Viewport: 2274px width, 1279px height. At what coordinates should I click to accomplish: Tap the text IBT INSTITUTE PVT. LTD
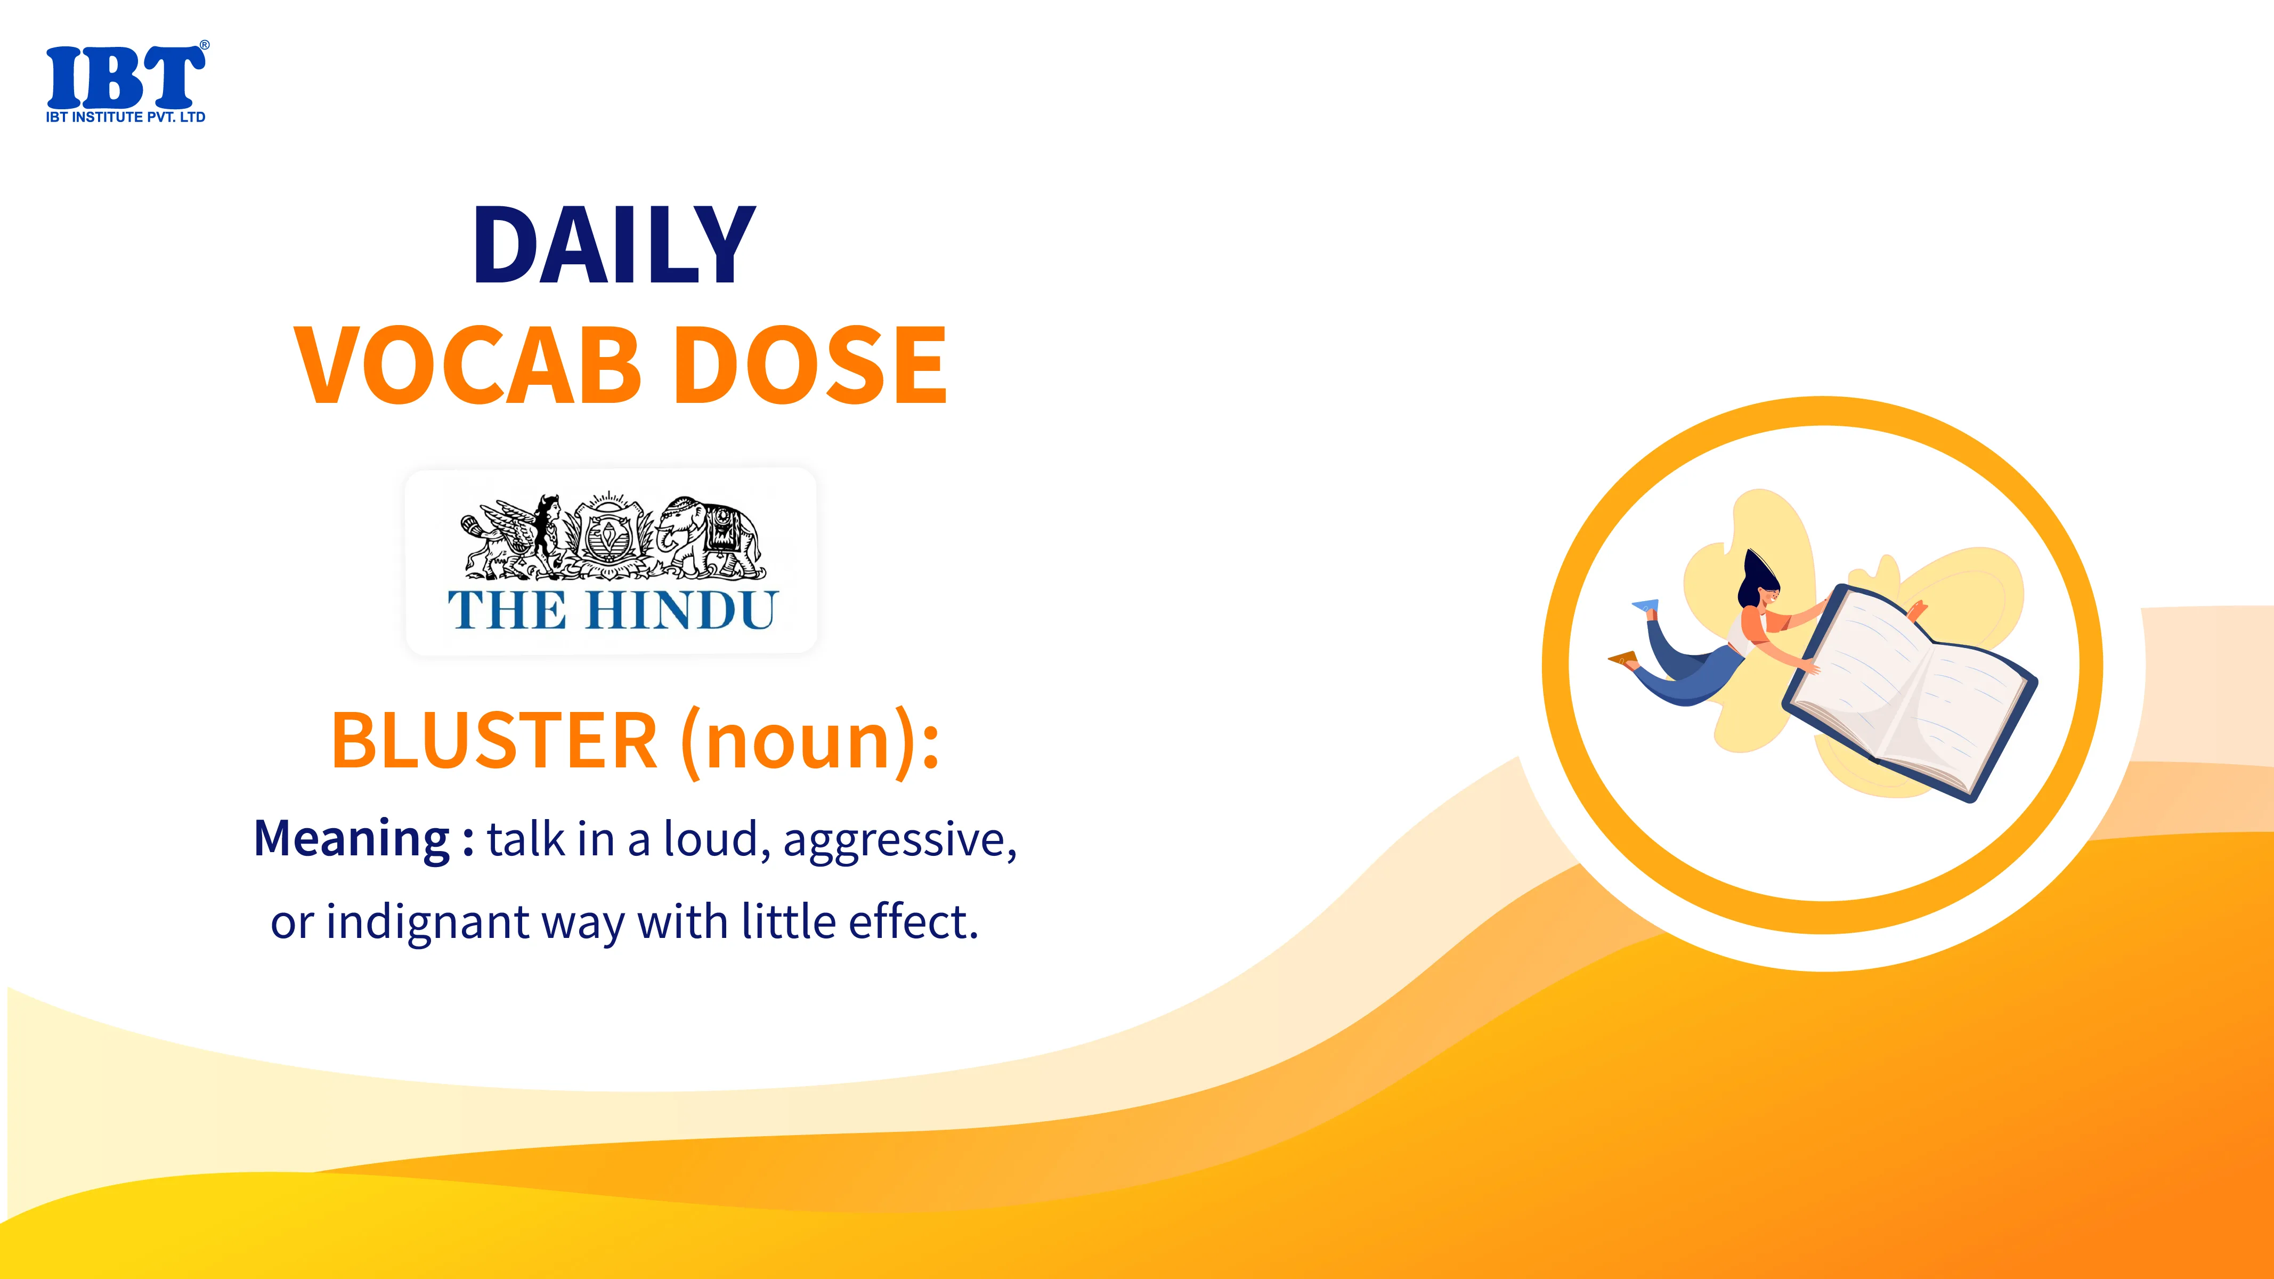(x=125, y=117)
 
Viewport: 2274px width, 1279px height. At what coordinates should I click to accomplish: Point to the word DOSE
(x=815, y=365)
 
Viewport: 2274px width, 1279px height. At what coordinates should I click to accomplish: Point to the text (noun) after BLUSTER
(x=801, y=741)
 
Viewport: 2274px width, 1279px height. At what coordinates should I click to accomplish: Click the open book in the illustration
(x=1910, y=693)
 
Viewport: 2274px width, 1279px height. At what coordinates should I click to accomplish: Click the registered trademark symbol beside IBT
(x=205, y=44)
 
